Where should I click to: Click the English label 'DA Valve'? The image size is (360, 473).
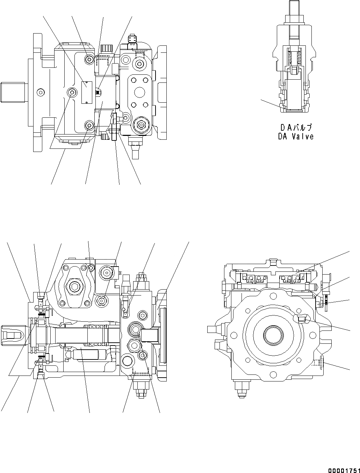click(296, 137)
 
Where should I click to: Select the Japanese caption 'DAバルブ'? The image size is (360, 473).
click(296, 128)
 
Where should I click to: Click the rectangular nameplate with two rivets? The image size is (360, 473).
click(86, 92)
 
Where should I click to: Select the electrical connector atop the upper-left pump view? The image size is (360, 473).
click(133, 39)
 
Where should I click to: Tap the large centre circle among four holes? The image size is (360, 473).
click(139, 92)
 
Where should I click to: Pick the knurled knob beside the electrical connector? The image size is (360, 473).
click(105, 48)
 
